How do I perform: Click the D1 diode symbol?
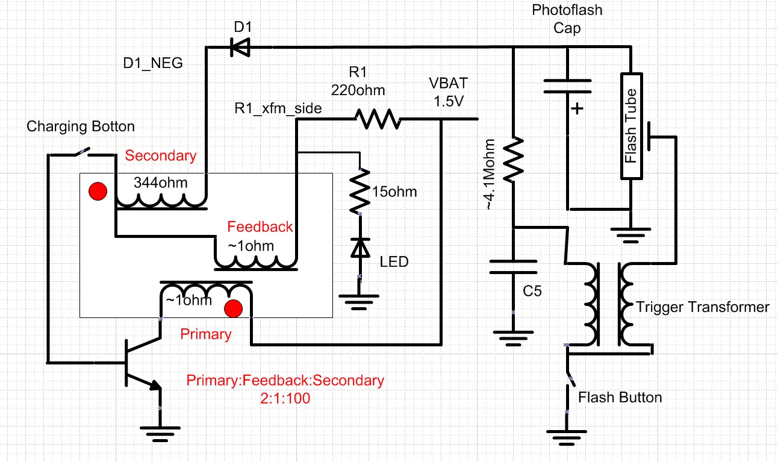(x=240, y=48)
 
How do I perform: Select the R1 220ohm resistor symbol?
(x=377, y=119)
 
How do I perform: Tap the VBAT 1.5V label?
(x=446, y=92)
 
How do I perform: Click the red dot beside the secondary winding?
(x=98, y=192)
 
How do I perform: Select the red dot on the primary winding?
(x=233, y=308)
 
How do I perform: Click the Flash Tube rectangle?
(x=630, y=125)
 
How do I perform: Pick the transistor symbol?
(x=140, y=363)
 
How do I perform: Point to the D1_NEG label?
(x=152, y=63)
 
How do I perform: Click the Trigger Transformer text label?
(x=702, y=307)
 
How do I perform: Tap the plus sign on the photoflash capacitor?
(x=577, y=110)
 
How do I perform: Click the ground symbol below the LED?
(x=359, y=298)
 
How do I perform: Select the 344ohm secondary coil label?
(x=160, y=183)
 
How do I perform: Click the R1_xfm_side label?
(x=278, y=108)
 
